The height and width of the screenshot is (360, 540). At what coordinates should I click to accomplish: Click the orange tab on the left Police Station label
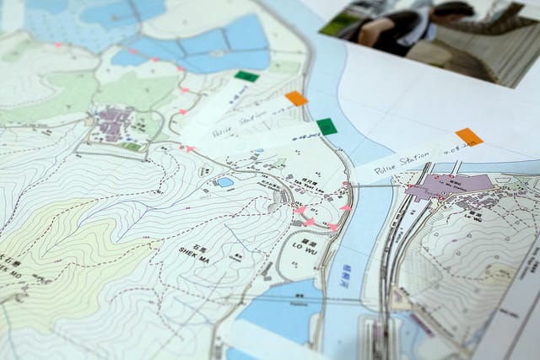[x=296, y=99]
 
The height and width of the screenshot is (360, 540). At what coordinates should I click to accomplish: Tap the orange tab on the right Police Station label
[x=468, y=137]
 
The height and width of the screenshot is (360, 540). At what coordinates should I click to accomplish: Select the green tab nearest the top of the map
[x=246, y=76]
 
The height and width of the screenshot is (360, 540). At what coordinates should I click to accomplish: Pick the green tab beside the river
[x=327, y=126]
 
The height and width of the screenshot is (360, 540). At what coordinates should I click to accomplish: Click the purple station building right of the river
[x=447, y=185]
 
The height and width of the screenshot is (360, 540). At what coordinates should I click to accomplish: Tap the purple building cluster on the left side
[x=114, y=123]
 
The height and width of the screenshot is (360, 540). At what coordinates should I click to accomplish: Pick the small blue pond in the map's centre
[x=224, y=181]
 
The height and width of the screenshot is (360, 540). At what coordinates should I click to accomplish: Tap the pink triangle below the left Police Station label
[x=190, y=149]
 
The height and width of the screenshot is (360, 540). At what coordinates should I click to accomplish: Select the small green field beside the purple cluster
[x=131, y=146]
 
